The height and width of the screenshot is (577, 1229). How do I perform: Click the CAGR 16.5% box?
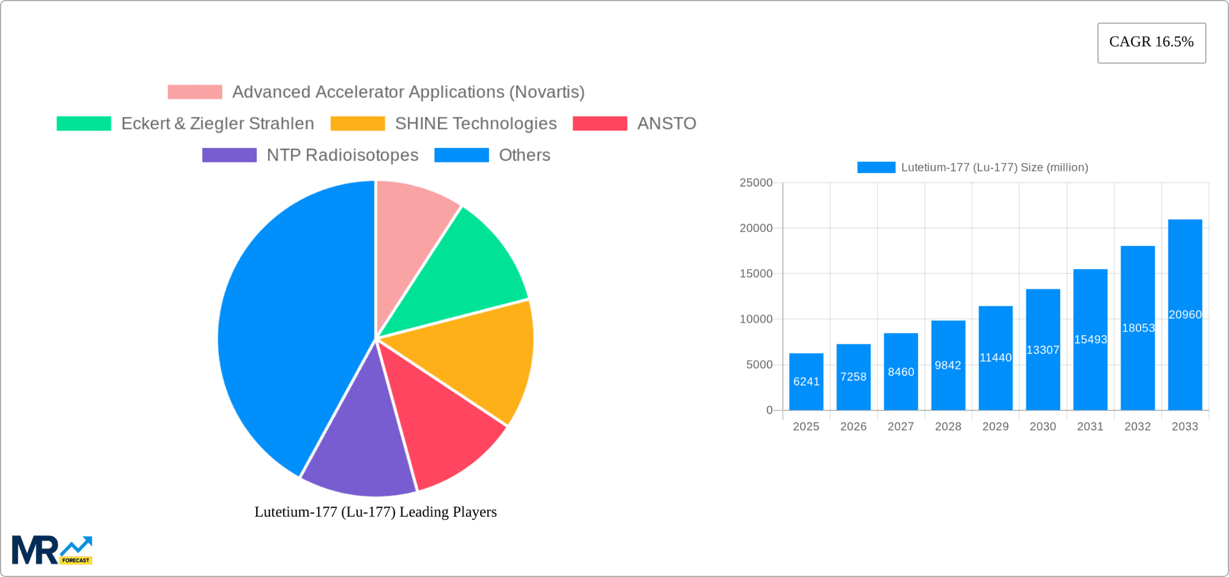click(x=1151, y=42)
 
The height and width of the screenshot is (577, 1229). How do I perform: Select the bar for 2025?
click(x=806, y=382)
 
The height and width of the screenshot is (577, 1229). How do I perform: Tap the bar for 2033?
click(x=1185, y=314)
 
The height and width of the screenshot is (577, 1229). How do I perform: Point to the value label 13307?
click(x=1043, y=350)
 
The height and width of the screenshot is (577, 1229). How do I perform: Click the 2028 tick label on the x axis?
click(x=948, y=427)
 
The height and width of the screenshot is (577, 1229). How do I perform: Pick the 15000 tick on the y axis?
click(x=756, y=273)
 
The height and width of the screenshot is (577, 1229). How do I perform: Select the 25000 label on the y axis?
click(x=756, y=183)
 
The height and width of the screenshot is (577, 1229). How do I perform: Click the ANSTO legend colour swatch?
click(x=600, y=124)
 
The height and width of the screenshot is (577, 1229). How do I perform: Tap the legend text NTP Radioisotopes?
click(x=342, y=155)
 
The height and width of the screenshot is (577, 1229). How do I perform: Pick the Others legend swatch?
click(x=462, y=155)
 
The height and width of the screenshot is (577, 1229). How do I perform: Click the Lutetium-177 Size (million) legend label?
click(x=994, y=167)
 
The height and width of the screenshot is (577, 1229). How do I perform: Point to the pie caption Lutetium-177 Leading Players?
click(x=376, y=512)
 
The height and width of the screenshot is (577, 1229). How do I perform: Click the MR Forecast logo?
click(x=52, y=550)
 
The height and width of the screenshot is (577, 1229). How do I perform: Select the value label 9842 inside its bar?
click(x=948, y=366)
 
